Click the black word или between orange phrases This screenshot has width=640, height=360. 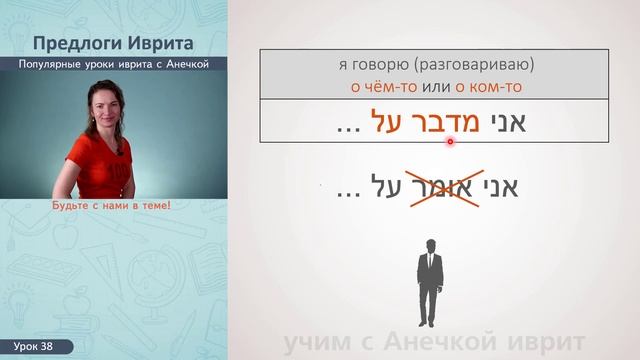click(430, 88)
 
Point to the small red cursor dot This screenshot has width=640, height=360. click(451, 141)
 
